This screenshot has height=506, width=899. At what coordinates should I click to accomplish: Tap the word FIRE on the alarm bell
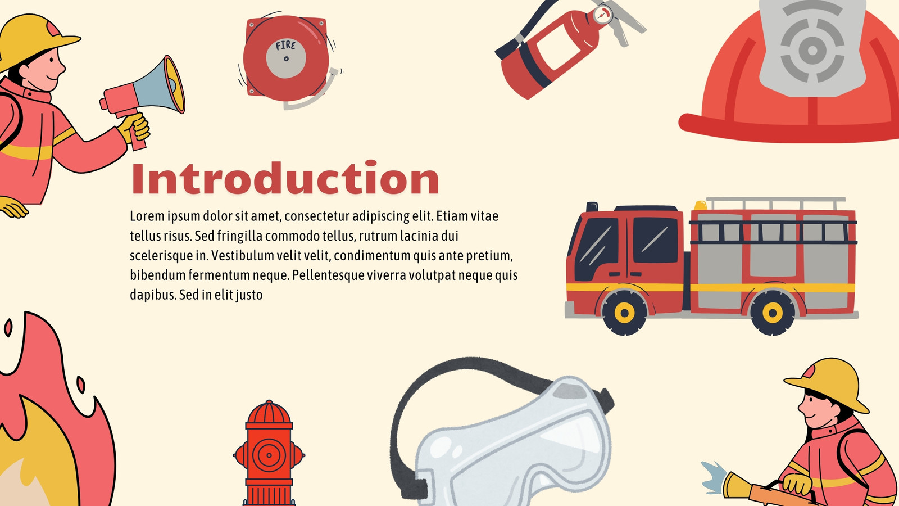(285, 46)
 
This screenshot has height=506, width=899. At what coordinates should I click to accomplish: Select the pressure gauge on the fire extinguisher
(603, 15)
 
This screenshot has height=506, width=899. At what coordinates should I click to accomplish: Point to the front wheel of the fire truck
(624, 313)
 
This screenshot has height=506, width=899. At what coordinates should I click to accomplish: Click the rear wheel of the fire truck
(773, 313)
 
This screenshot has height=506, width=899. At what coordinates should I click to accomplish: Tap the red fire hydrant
(269, 453)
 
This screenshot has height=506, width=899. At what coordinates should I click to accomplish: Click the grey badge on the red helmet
(812, 48)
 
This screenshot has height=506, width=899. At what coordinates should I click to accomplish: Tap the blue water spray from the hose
(714, 477)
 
